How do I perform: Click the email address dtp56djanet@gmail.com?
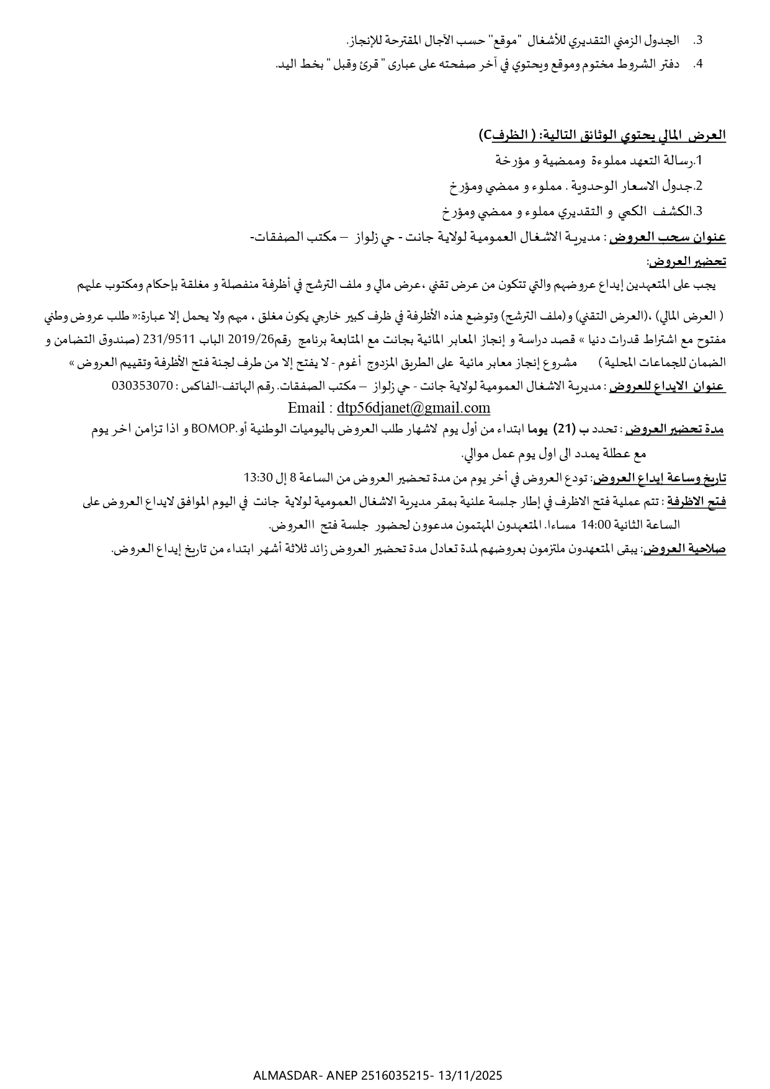coord(413,408)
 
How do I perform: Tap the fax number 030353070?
coord(142,385)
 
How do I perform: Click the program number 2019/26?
coord(251,339)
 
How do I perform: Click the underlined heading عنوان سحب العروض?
coord(668,238)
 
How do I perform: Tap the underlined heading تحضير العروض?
coord(687,262)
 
